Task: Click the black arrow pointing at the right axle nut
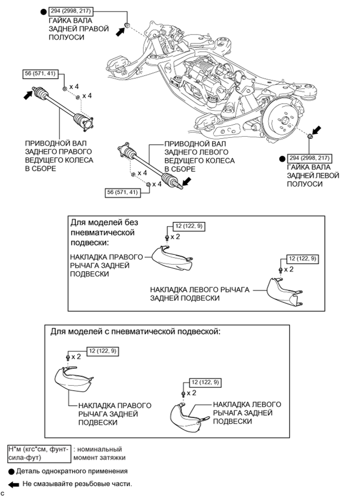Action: click(x=120, y=32)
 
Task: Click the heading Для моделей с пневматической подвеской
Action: click(x=136, y=332)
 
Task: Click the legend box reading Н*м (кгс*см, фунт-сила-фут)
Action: click(x=39, y=453)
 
